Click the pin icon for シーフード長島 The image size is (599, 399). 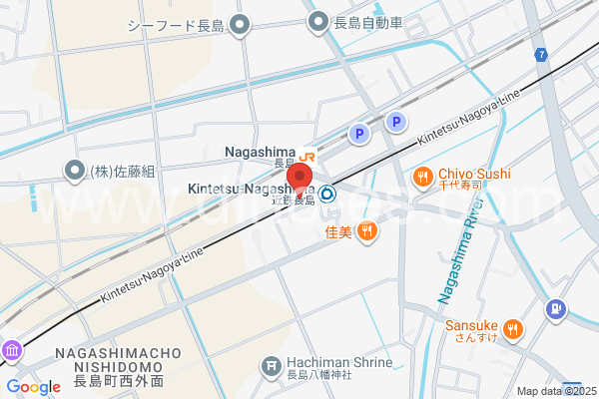coord(239,23)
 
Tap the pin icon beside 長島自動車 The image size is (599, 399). coord(318,21)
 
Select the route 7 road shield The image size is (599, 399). coord(540,54)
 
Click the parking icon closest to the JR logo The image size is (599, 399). coord(357,133)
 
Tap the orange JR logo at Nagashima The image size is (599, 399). coord(307,155)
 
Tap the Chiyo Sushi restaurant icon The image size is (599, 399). coord(423,178)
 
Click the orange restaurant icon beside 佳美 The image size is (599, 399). coord(367,232)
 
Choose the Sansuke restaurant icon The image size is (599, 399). coord(513,328)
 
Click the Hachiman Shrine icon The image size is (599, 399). coord(270,367)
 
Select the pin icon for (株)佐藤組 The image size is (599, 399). coord(74,171)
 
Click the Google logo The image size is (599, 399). coord(33,387)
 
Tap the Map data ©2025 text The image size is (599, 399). coord(554,391)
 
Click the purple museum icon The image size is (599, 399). coord(12,351)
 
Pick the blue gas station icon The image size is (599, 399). coord(556,310)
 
